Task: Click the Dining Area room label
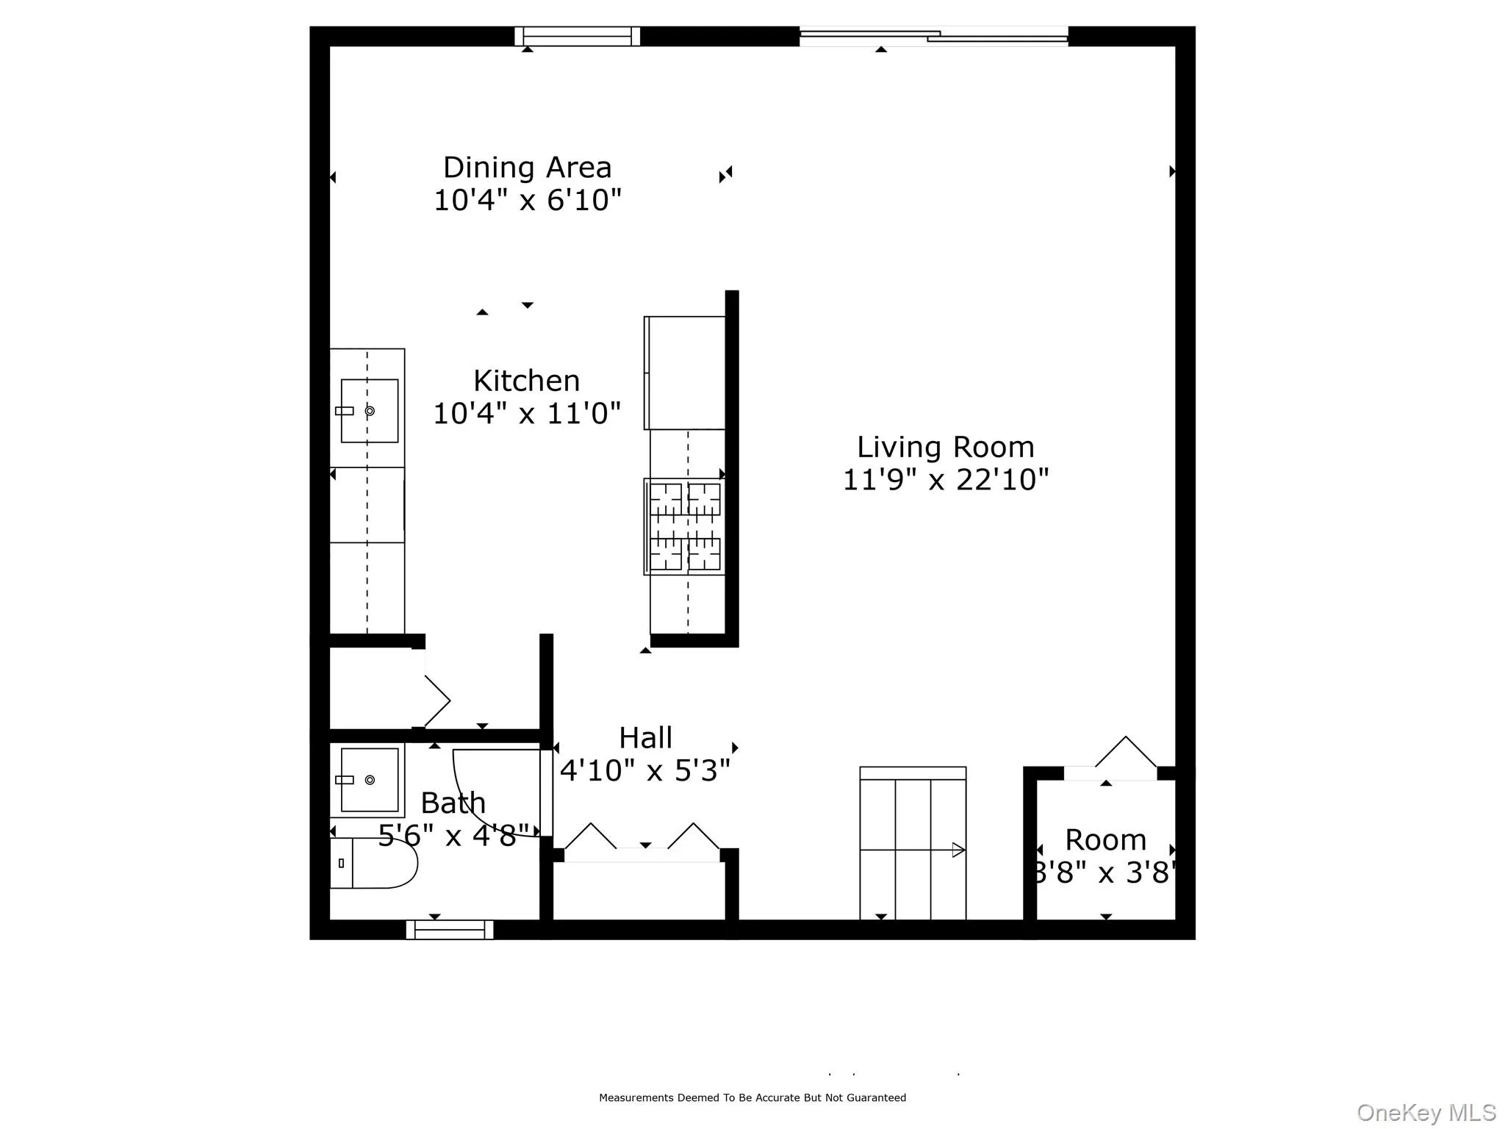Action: tap(527, 168)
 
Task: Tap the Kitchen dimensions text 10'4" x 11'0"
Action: tap(527, 414)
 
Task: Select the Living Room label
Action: tap(945, 447)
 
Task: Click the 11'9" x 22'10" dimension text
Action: tap(945, 480)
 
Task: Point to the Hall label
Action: tap(645, 738)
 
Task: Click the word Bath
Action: tap(453, 803)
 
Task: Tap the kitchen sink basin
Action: tap(370, 411)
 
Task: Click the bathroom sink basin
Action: tap(370, 779)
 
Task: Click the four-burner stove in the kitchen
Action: tap(685, 526)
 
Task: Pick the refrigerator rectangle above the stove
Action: tap(685, 373)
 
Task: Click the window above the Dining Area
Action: tap(577, 36)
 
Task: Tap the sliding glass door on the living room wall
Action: tap(933, 36)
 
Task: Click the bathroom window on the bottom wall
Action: tap(449, 930)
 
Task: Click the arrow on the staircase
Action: tap(958, 850)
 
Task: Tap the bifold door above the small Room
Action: tap(1125, 753)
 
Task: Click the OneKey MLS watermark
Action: tap(1426, 1112)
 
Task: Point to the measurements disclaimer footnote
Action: tap(752, 1097)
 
